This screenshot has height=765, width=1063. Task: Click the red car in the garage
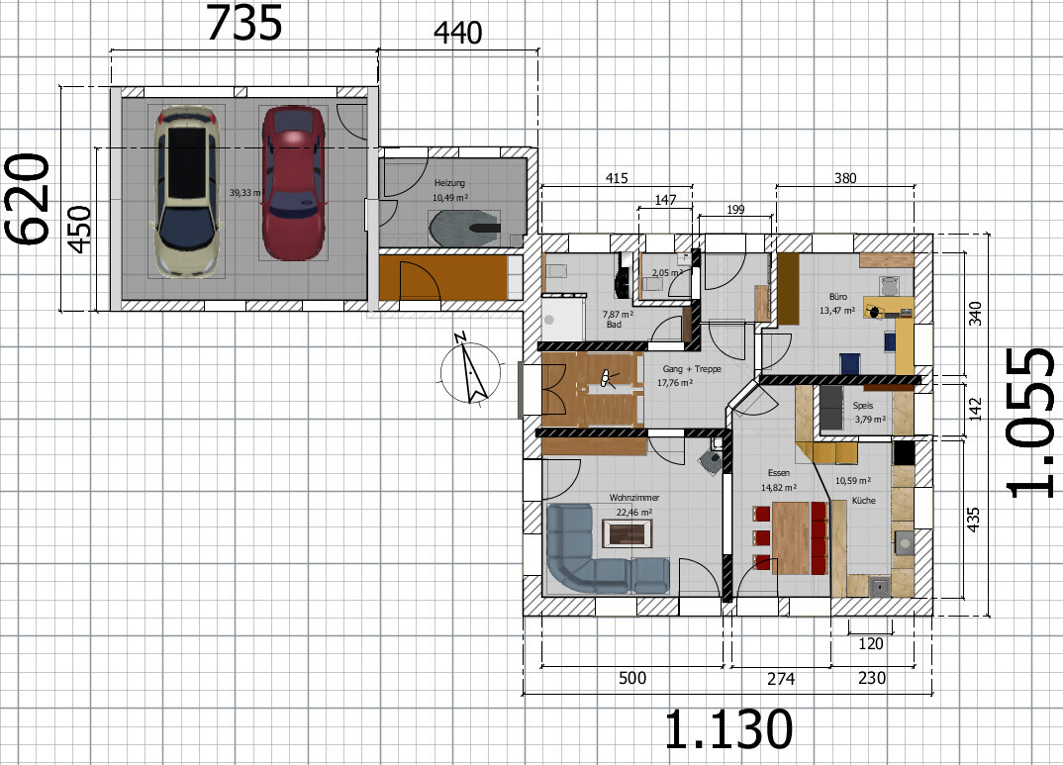click(x=294, y=183)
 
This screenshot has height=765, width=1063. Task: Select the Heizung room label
click(x=449, y=183)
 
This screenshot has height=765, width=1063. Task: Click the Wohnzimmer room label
click(x=633, y=498)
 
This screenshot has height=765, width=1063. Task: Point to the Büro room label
click(x=838, y=297)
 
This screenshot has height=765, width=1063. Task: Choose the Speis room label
click(x=863, y=405)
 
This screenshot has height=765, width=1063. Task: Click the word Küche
click(x=863, y=501)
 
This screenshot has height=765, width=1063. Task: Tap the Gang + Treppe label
click(x=692, y=369)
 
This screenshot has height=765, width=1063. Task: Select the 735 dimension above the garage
click(x=243, y=24)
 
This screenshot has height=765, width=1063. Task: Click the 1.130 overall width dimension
click(x=728, y=729)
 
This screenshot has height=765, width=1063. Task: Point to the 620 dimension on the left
click(x=28, y=198)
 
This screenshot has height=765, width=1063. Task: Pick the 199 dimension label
click(x=734, y=210)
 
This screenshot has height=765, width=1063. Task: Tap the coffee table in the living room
click(x=631, y=533)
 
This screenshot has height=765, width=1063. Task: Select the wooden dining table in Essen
click(x=791, y=537)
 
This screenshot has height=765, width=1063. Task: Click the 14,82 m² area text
click(x=778, y=487)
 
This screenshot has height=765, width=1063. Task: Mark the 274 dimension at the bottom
click(x=780, y=679)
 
